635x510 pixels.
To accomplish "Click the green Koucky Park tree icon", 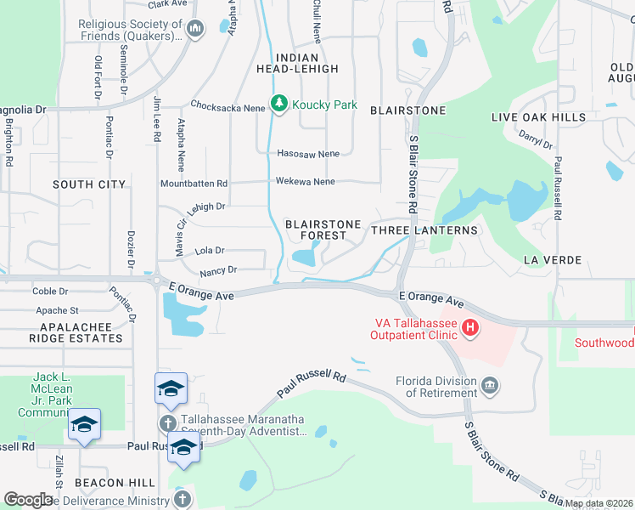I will tap(279, 104).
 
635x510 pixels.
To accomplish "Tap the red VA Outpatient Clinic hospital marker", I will tap(469, 327).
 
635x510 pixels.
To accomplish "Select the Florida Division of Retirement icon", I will tap(489, 388).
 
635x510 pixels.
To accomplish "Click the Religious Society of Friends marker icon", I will tap(196, 30).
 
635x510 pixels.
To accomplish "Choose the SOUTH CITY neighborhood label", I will tap(89, 184).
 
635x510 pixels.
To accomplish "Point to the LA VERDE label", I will tap(552, 259).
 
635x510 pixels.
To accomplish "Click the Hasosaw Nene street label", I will tap(308, 154).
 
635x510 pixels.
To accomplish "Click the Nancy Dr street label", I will tap(218, 270).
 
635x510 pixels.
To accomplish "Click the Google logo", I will tap(28, 500).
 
